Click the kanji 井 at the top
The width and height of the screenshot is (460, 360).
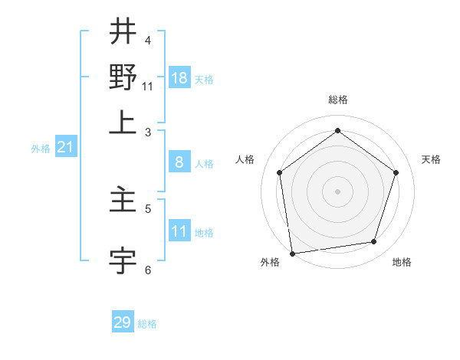(123, 32)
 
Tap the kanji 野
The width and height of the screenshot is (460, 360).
(123, 77)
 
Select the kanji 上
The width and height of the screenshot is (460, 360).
(123, 123)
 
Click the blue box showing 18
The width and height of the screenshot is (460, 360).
(179, 78)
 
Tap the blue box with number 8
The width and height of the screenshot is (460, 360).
(179, 162)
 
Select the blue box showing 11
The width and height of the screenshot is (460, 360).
(179, 231)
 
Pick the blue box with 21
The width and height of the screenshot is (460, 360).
(65, 148)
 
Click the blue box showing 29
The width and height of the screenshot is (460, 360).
(123, 322)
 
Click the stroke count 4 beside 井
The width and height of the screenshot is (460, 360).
(148, 40)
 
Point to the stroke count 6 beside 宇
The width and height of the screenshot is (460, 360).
(148, 270)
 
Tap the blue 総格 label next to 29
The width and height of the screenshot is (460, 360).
(148, 324)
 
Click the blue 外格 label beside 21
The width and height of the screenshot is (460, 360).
(41, 149)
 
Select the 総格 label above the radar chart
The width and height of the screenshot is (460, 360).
(337, 100)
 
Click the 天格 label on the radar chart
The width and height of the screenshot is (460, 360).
(432, 159)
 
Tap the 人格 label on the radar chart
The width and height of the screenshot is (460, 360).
(245, 159)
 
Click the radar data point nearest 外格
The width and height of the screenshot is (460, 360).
(292, 253)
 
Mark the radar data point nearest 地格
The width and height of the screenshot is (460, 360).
(374, 242)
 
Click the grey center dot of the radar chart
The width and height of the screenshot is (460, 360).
(337, 191)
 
